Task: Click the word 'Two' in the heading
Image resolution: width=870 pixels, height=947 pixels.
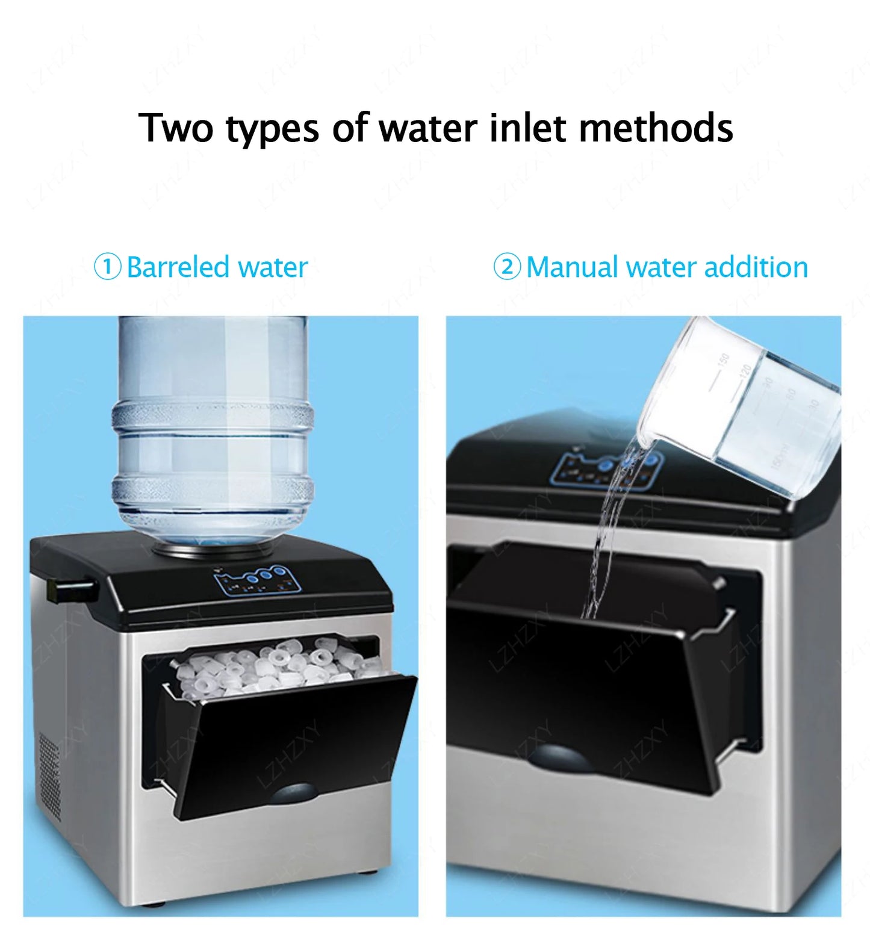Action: [176, 128]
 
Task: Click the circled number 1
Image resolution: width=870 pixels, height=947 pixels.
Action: [108, 267]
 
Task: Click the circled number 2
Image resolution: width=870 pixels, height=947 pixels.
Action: [507, 267]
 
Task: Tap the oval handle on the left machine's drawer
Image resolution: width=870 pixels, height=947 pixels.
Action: [293, 793]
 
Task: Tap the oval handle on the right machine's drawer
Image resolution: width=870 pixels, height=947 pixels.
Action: [559, 758]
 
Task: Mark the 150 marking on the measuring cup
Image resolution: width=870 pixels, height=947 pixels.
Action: [724, 359]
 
